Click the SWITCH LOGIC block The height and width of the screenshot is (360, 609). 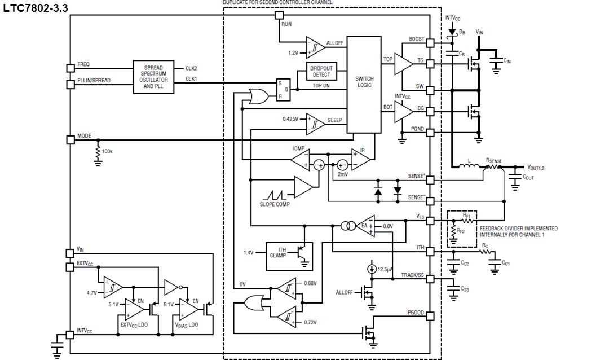364,85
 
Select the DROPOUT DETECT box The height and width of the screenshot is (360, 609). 321,71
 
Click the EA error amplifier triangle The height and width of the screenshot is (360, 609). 367,226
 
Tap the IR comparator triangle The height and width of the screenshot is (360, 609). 361,159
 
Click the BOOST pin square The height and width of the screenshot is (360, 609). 430,43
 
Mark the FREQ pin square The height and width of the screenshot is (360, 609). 70,68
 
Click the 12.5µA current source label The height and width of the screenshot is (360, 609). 385,270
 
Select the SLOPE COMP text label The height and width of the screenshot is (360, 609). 275,204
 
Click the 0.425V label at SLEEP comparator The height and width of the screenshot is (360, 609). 293,119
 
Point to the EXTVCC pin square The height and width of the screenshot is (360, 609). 70,267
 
